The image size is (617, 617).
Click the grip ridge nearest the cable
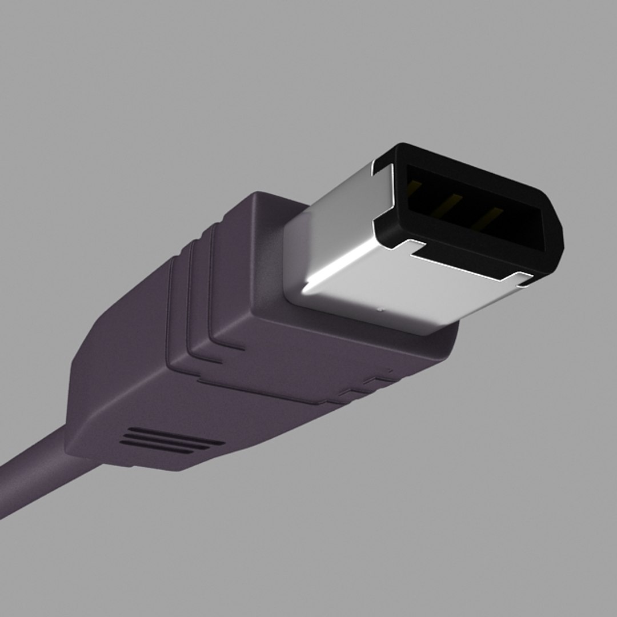tap(174, 314)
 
